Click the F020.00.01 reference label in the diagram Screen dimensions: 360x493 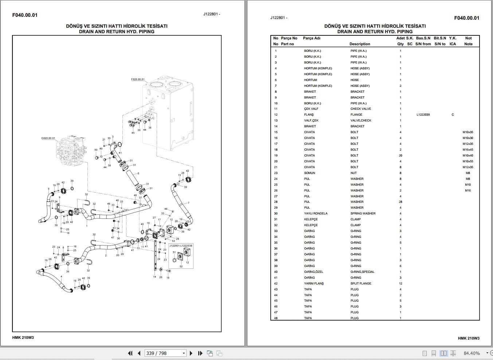(138, 79)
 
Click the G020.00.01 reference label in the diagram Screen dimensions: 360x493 (48, 138)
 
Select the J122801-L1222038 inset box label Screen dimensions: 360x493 (181, 246)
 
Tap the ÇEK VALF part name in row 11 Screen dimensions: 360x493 (311, 109)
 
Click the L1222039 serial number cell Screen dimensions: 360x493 (423, 115)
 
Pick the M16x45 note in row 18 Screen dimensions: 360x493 (468, 150)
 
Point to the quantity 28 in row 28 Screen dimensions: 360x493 (400, 202)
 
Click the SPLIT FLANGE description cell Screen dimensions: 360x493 (361, 283)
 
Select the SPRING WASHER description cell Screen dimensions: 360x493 (363, 213)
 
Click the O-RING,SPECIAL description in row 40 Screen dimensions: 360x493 (362, 272)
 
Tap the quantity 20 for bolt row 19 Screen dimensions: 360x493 (400, 155)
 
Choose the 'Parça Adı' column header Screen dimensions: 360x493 (312, 38)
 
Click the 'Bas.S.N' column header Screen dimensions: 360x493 (423, 38)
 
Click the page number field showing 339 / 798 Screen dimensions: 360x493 (165, 353)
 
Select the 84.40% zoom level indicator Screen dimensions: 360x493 (472, 353)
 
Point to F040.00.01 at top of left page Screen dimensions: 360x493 (25, 15)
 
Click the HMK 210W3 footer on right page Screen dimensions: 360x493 (469, 338)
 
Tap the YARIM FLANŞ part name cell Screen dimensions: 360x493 (314, 283)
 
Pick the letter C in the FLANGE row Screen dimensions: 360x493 (453, 115)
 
